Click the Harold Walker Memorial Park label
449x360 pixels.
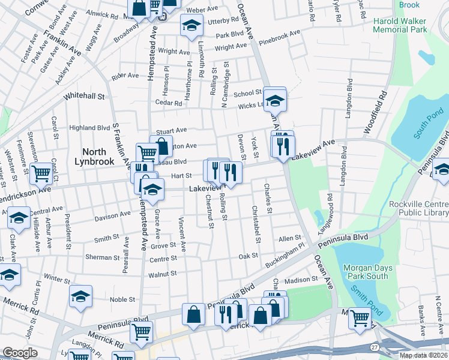pyautogui.click(x=409, y=25)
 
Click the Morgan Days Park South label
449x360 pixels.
pyautogui.click(x=366, y=272)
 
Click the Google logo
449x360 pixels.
pyautogui.click(x=20, y=353)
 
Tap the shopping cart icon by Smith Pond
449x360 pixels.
pyautogui.click(x=360, y=317)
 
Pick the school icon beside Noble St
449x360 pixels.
pyautogui.click(x=80, y=296)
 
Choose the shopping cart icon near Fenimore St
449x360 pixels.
pyautogui.click(x=42, y=173)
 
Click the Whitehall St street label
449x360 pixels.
pyautogui.click(x=84, y=96)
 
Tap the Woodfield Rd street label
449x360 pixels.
pyautogui.click(x=375, y=111)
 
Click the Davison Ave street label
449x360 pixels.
pyautogui.click(x=112, y=214)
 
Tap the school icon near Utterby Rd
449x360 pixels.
pyautogui.click(x=191, y=25)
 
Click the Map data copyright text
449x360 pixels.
pyautogui.click(x=424, y=355)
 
